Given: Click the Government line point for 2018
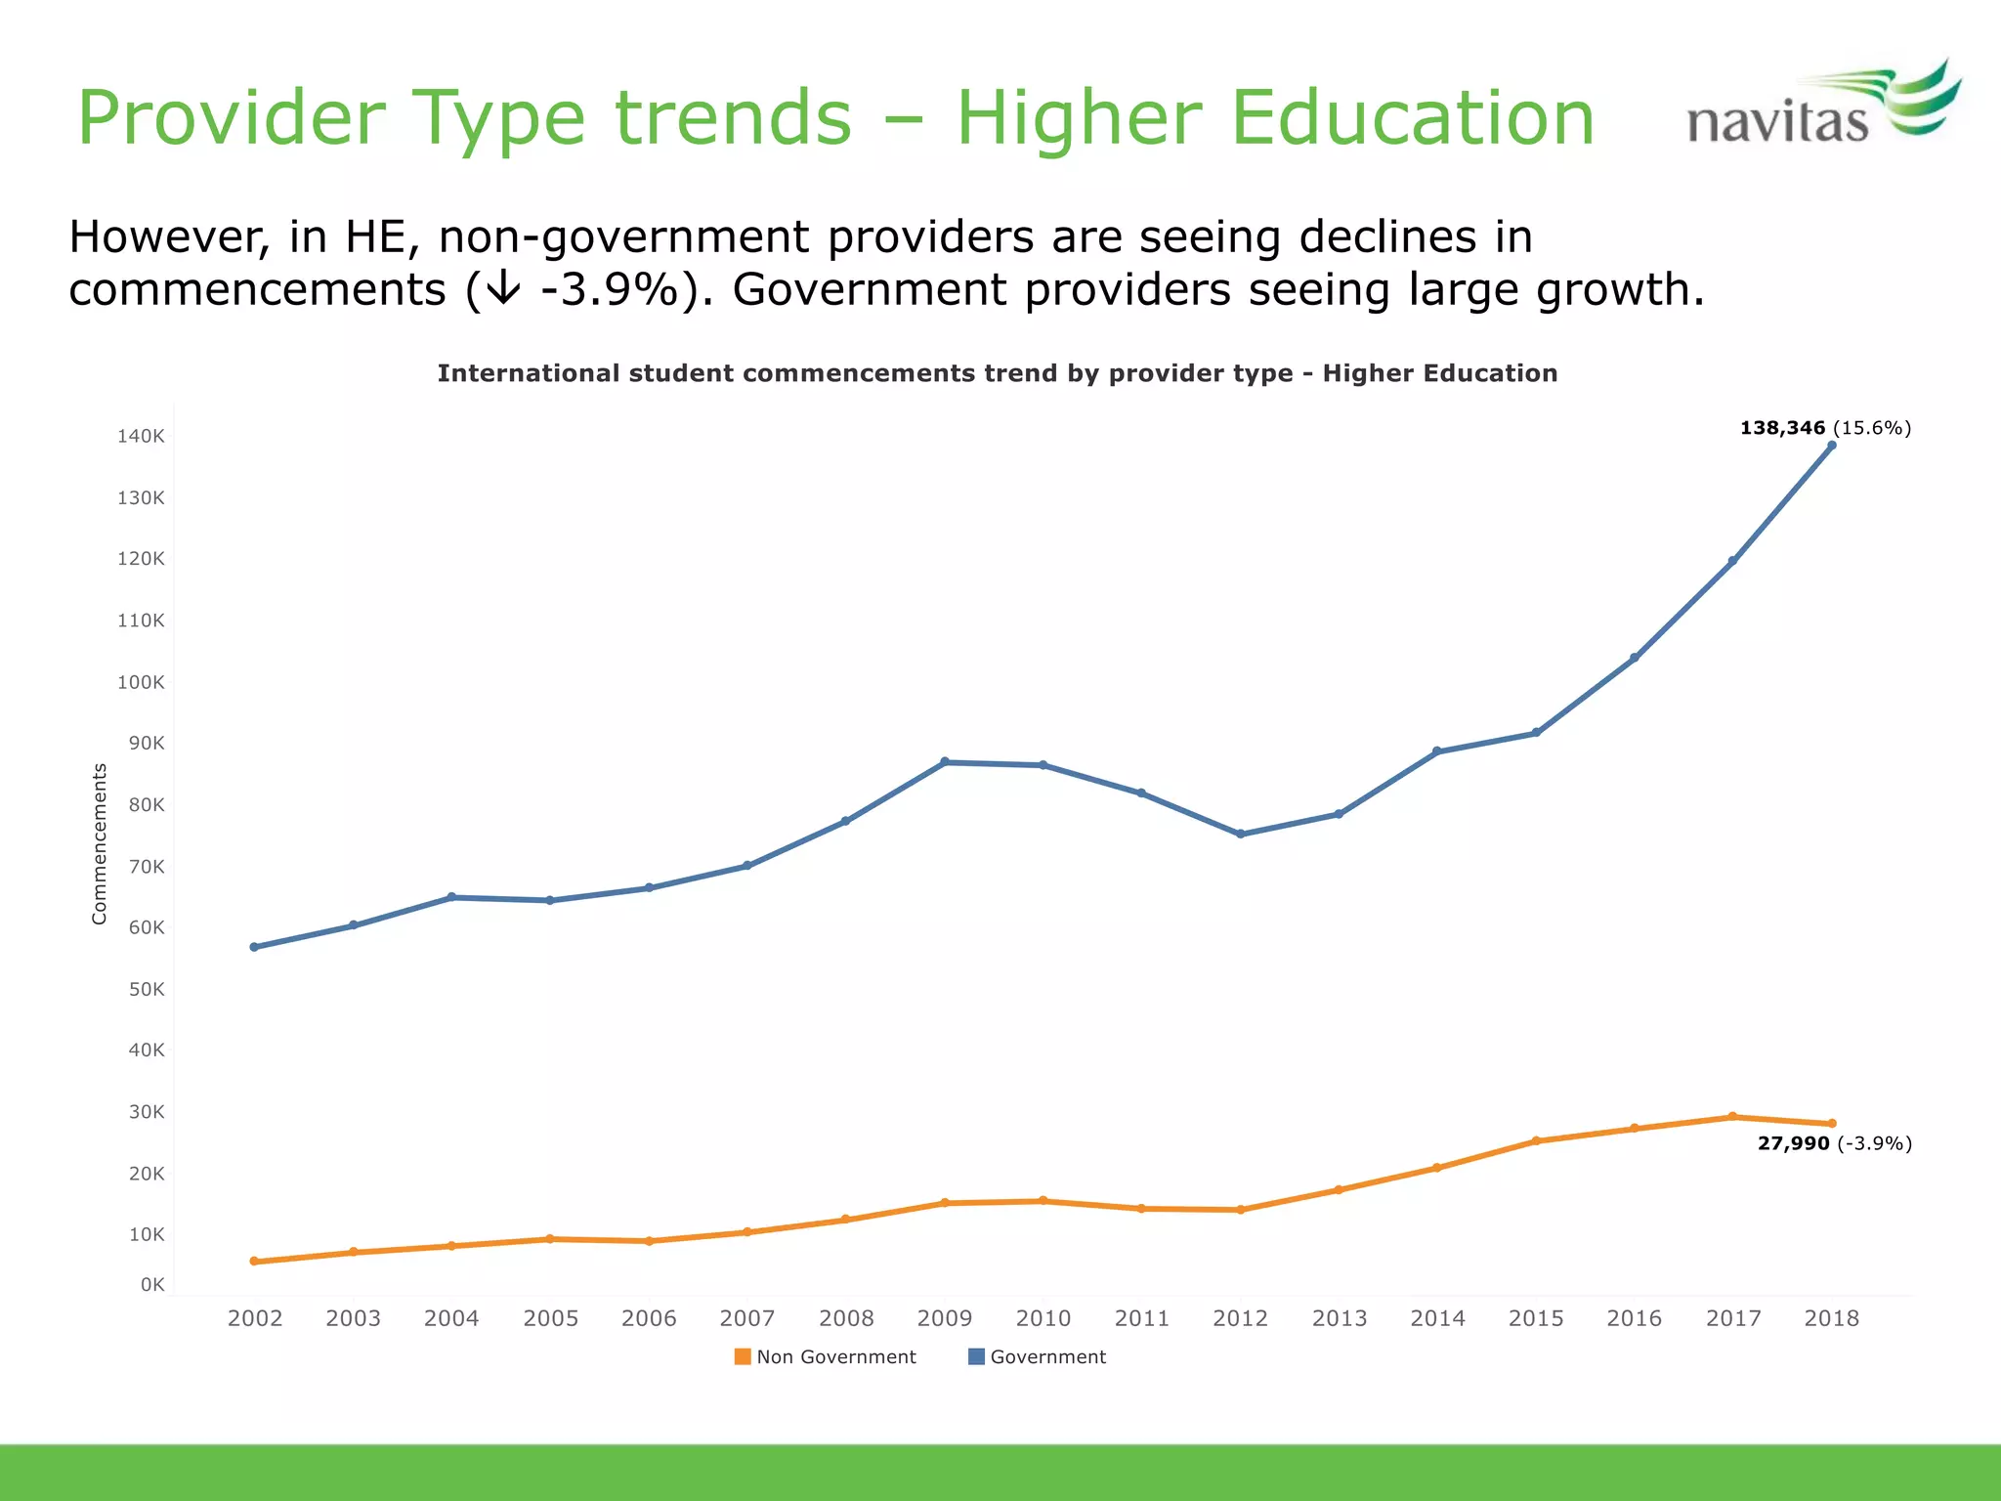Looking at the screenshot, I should click(x=1831, y=446).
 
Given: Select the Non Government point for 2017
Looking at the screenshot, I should click(x=1732, y=1117).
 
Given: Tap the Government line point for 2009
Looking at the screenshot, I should click(x=945, y=762).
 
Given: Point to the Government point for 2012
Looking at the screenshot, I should click(x=1241, y=835).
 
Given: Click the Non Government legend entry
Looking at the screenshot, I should click(x=826, y=1357).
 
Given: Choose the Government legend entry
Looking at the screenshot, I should click(x=1037, y=1357).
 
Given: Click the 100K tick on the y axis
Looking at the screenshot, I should click(x=141, y=682).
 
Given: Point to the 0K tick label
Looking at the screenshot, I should click(x=152, y=1285).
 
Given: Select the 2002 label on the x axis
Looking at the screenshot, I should click(x=255, y=1318).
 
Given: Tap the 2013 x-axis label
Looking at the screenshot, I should click(x=1339, y=1318).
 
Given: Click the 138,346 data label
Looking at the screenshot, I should click(x=1782, y=428).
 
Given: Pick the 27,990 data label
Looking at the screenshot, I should click(x=1793, y=1143).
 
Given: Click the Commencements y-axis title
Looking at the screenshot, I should click(x=99, y=843).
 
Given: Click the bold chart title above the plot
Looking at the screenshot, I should click(x=997, y=373).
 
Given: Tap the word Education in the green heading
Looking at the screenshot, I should click(x=1412, y=118).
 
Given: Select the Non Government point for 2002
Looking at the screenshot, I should click(x=254, y=1262).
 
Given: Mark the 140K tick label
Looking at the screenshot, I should click(x=141, y=437).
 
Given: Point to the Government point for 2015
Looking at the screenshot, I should click(x=1536, y=733).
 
